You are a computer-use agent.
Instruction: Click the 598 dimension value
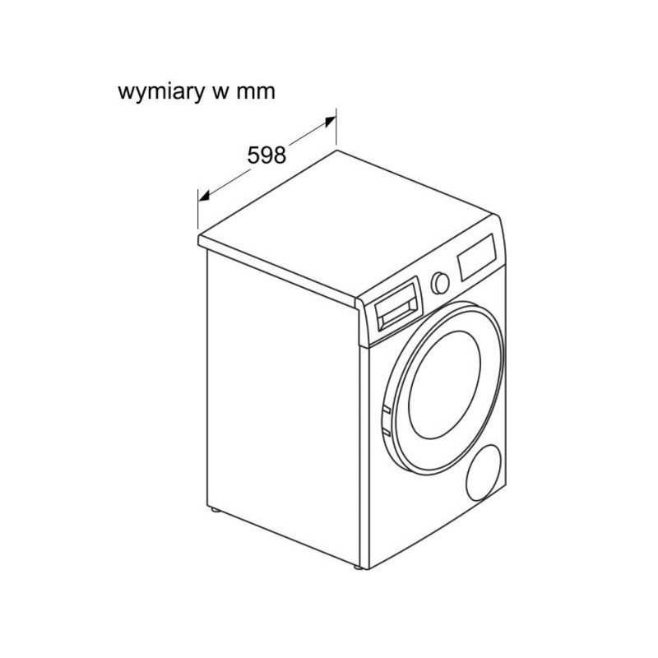click(266, 155)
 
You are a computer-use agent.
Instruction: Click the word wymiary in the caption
click(160, 92)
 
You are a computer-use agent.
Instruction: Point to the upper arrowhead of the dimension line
click(330, 122)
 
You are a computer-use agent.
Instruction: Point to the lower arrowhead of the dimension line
click(204, 195)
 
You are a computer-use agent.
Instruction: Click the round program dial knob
click(440, 283)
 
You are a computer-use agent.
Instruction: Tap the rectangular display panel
click(477, 257)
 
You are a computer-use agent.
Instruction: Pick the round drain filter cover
click(484, 473)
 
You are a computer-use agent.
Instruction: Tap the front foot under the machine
click(359, 568)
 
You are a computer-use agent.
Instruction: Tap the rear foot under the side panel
click(215, 509)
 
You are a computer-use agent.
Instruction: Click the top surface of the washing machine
click(348, 225)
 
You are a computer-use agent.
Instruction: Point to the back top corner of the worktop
click(336, 151)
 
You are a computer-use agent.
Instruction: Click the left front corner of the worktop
click(198, 237)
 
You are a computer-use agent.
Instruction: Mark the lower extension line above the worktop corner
click(198, 209)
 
